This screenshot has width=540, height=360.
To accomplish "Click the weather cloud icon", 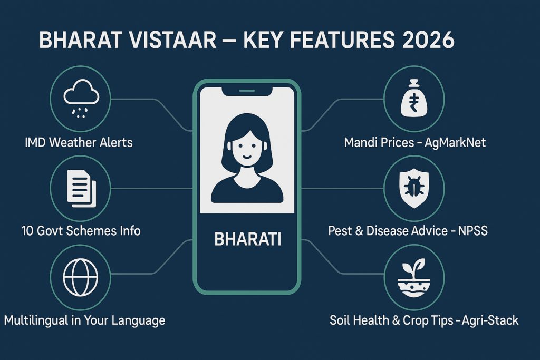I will click(x=81, y=97).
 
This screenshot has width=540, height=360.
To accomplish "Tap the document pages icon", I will click(x=81, y=188).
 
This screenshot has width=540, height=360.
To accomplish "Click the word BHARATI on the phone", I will click(x=247, y=239).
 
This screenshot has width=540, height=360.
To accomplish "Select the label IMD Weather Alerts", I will click(x=79, y=142).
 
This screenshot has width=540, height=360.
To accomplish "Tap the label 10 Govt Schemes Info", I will click(x=81, y=231).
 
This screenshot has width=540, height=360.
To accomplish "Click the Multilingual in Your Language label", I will click(x=84, y=320).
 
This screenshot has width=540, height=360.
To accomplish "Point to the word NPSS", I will click(x=472, y=231).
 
